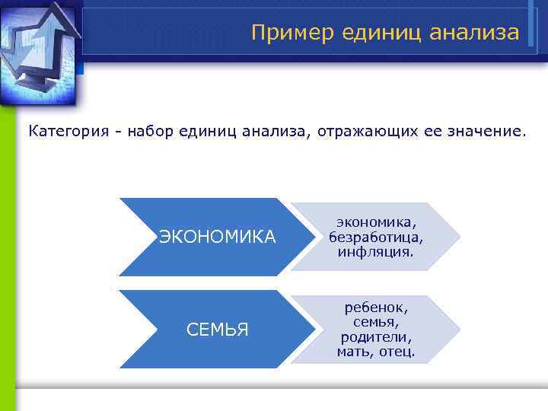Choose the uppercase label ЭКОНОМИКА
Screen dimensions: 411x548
(218, 237)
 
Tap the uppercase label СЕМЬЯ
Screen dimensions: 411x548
(218, 330)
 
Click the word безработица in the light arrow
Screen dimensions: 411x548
(376, 237)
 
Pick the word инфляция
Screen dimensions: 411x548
(376, 250)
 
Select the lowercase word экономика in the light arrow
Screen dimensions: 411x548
(376, 223)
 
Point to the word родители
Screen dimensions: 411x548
(376, 337)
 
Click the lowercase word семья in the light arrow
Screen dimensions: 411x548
(376, 323)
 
